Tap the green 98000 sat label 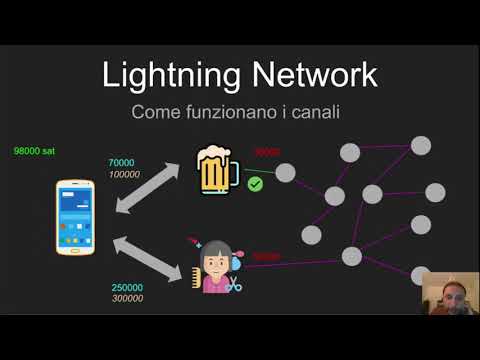coord(34,150)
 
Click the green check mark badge coord(255,184)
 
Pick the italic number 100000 coord(125,174)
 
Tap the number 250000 coord(127,288)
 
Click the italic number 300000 coord(127,299)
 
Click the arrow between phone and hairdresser coord(150,258)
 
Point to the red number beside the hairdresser coord(266,257)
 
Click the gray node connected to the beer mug coord(286,173)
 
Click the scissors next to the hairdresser coord(234,286)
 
